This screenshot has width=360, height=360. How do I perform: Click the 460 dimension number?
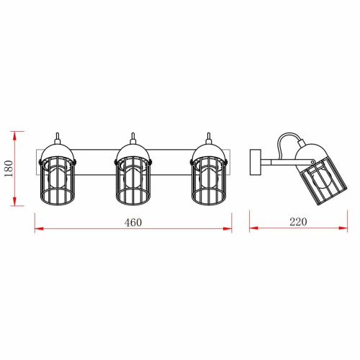[133, 222]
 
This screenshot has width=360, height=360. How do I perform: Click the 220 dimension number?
[298, 222]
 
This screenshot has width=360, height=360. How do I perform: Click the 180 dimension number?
[9, 168]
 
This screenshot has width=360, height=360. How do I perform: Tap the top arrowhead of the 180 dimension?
[14, 136]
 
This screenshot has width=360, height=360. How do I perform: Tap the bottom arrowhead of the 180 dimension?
[14, 201]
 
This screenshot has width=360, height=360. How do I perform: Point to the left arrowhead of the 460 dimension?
[40, 228]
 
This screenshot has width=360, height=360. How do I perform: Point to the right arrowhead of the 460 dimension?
[228, 228]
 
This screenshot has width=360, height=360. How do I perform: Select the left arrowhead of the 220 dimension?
[254, 228]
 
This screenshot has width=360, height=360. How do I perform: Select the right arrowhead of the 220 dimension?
[343, 228]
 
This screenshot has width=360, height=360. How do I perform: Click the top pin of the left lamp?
[58, 138]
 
